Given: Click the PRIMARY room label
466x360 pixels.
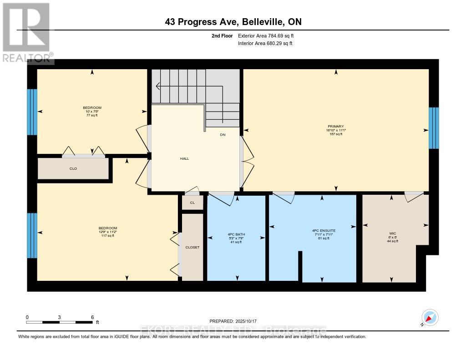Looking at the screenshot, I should click(x=335, y=127).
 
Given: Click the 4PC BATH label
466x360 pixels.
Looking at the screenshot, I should click(x=236, y=234).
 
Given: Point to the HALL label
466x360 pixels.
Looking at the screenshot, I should click(x=184, y=159).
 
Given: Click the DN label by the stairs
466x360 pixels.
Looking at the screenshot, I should click(x=223, y=135).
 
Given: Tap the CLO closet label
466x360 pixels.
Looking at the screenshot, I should click(x=73, y=169).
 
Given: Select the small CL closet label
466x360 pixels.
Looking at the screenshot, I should click(x=192, y=203).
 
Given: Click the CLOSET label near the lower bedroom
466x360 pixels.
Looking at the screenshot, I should click(x=192, y=248).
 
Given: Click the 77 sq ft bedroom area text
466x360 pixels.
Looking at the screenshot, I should click(x=91, y=116).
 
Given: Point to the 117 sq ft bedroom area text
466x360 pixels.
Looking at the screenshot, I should click(x=108, y=236).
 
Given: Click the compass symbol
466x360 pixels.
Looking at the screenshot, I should click(x=429, y=317).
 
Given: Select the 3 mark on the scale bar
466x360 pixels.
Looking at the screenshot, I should click(x=59, y=317).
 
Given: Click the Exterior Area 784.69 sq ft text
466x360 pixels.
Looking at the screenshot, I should click(x=269, y=35).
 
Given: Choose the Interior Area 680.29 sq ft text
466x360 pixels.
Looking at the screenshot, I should click(x=265, y=44).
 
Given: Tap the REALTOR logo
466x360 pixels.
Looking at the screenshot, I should click(x=26, y=32).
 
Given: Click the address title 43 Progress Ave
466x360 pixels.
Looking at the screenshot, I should click(x=233, y=22).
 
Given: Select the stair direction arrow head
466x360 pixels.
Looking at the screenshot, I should click(x=157, y=86).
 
